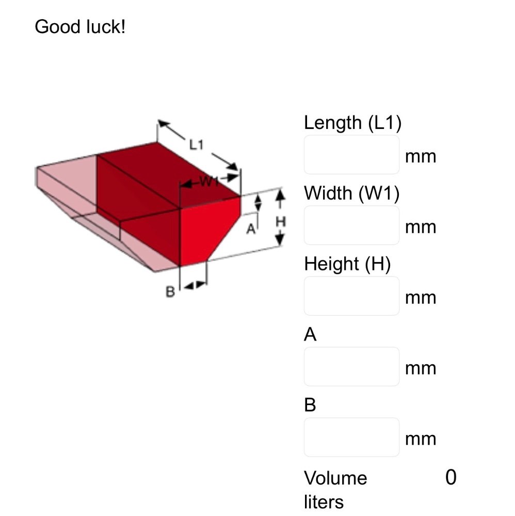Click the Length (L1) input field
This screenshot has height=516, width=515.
(351, 155)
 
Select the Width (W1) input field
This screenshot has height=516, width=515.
(351, 225)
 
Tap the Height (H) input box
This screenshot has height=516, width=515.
(351, 296)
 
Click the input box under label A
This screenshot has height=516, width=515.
(351, 367)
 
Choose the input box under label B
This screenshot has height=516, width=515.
(351, 438)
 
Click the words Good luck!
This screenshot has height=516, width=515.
(80, 26)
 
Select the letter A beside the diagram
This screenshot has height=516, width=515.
(250, 229)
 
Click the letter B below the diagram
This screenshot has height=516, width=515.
(170, 292)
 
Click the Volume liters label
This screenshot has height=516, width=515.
(335, 489)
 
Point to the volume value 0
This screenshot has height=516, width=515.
(450, 478)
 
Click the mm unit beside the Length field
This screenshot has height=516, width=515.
(421, 156)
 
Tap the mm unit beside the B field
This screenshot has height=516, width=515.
(421, 439)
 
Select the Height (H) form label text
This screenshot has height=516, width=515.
(347, 264)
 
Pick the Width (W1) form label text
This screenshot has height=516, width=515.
(351, 193)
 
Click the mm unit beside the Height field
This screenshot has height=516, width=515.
(421, 298)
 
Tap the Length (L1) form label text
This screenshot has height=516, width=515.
(352, 123)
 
